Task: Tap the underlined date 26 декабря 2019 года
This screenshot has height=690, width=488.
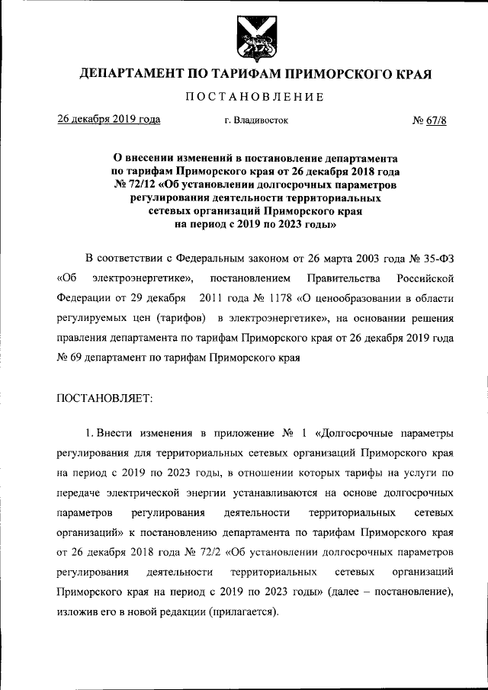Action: (109, 119)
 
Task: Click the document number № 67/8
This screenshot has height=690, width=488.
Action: (429, 120)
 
